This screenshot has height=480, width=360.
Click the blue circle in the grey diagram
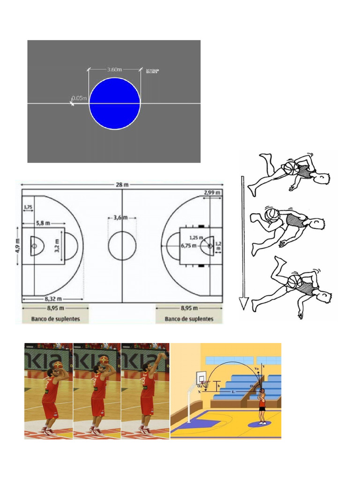115,104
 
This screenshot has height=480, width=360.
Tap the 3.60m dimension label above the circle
114,69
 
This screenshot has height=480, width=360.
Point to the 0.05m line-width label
79,98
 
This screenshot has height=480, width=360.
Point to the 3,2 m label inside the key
57,245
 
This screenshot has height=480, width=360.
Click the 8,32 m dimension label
52,299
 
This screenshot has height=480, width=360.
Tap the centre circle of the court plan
122,245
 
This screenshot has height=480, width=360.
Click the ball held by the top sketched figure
291,168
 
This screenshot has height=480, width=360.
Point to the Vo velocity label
256,369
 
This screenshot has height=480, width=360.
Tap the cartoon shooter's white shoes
262,422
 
